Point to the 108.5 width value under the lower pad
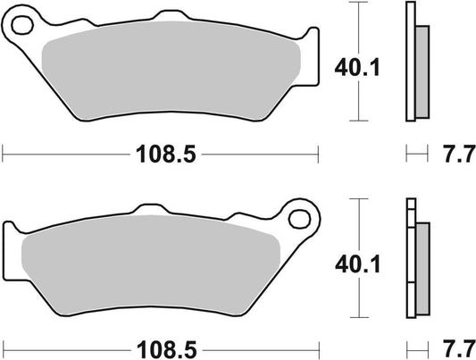pos(160,344)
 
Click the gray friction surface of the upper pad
pos(170,76)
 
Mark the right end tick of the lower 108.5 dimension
pos(318,344)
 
